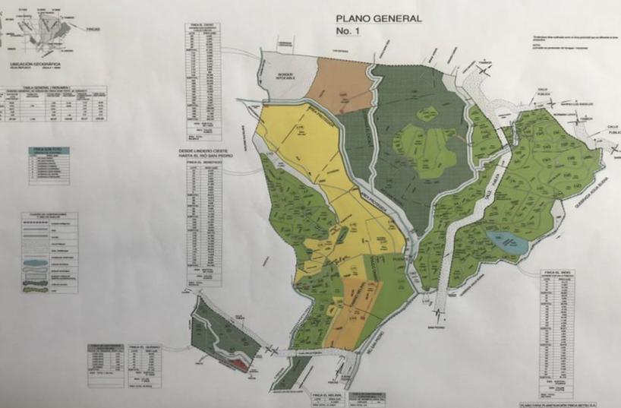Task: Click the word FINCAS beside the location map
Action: point(94,30)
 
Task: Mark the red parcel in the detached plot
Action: point(240,364)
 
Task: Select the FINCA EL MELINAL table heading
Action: point(327,395)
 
